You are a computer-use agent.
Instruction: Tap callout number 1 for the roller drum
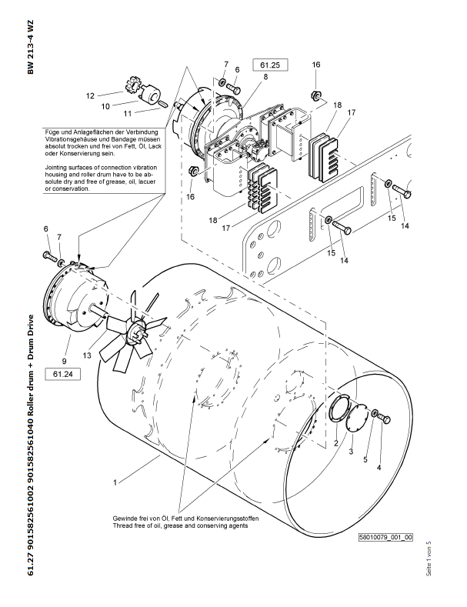(115, 482)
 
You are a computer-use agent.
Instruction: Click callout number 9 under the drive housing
(65, 359)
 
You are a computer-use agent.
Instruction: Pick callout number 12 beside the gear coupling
(90, 95)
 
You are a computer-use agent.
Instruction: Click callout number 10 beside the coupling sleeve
(106, 105)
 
